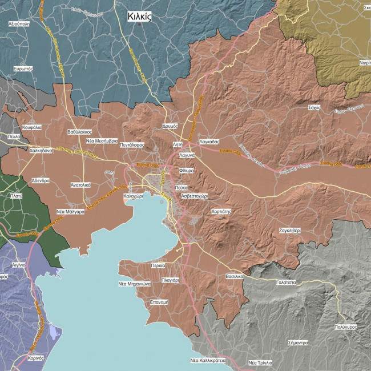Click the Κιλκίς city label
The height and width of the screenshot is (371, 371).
click(139, 17)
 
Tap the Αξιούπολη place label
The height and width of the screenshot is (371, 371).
click(19, 25)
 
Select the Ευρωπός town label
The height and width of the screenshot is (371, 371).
click(23, 68)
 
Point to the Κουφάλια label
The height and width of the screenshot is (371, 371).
click(32, 127)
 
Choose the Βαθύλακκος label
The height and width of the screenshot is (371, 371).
click(79, 131)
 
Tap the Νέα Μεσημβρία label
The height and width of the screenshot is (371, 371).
click(102, 140)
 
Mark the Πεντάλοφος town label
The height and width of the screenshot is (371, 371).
click(131, 145)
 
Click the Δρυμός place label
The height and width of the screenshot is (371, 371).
click(170, 126)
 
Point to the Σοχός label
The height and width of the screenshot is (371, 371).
click(313, 107)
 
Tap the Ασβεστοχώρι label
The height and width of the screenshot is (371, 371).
click(194, 195)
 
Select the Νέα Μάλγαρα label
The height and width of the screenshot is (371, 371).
click(70, 211)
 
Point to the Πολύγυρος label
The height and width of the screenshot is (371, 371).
click(346, 327)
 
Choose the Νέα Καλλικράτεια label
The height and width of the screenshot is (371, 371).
click(208, 361)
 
